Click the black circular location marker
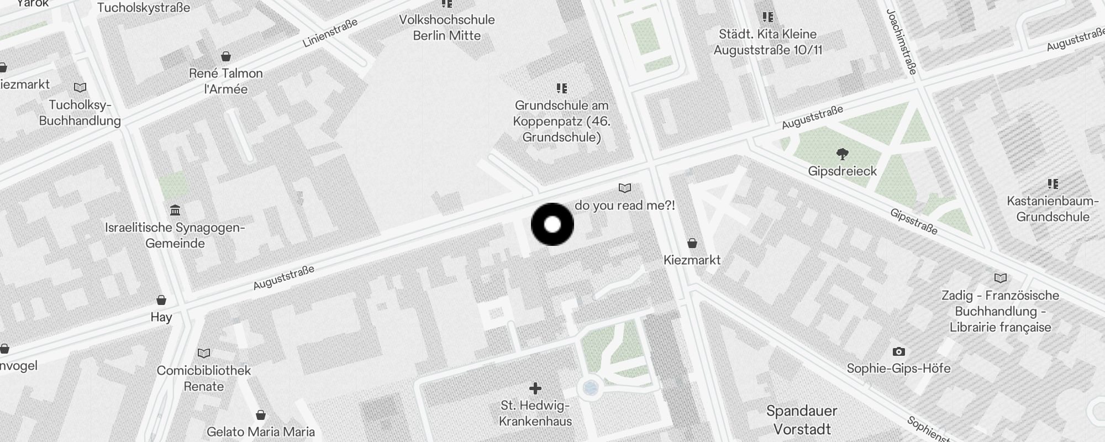click(552, 224)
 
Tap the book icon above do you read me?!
click(625, 188)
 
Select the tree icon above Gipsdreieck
click(842, 153)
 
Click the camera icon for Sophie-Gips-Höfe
click(898, 351)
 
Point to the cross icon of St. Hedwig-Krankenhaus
click(535, 388)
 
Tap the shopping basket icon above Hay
click(161, 300)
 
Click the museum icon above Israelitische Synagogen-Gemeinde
click(176, 210)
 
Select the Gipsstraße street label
click(914, 221)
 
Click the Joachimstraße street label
click(902, 41)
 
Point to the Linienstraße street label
click(330, 33)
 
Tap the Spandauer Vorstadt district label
click(802, 419)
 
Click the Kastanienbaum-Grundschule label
click(1053, 209)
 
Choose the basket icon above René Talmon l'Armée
click(225, 56)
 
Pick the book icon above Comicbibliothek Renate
click(204, 353)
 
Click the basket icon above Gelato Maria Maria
click(261, 415)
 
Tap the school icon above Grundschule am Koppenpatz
click(562, 88)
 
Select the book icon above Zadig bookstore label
click(1000, 278)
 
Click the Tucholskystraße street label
click(144, 8)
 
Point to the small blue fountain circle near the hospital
click(591, 388)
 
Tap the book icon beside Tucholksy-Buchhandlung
click(80, 88)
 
